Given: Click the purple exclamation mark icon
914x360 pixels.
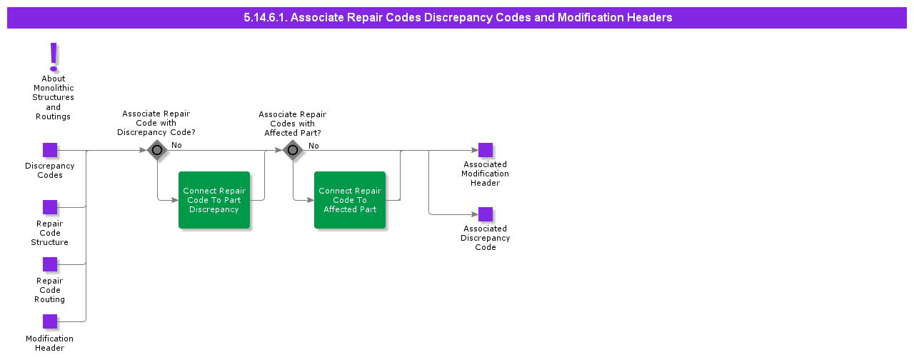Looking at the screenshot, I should click(53, 56).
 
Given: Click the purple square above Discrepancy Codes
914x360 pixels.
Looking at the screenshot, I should click(50, 150).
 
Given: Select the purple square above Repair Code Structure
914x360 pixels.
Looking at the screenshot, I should click(50, 207).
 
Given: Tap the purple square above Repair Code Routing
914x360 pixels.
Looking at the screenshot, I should click(50, 264).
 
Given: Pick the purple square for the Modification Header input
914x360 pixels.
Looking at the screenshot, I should click(50, 321).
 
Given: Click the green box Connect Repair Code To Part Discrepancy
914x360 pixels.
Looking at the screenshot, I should click(214, 200).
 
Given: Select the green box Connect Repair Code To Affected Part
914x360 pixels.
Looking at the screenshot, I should click(350, 200).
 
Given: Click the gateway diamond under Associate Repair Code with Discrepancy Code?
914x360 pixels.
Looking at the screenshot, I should click(157, 150).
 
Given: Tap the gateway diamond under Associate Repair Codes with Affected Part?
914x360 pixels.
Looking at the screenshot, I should click(293, 150).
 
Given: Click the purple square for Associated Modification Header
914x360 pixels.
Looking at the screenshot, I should click(486, 150).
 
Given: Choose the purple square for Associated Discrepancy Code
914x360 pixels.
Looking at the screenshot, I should click(486, 214).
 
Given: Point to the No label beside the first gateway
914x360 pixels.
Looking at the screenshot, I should click(176, 145).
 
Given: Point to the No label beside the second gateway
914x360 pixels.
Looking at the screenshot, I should click(313, 146).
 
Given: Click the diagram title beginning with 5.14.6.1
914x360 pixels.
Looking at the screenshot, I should click(457, 17).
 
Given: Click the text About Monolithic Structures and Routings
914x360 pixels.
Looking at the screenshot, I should click(53, 98).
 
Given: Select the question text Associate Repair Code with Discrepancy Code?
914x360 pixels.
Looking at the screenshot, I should click(156, 123).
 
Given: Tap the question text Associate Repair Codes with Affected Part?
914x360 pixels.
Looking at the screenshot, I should click(292, 124).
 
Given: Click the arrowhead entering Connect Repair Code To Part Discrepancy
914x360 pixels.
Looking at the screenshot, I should click(175, 200).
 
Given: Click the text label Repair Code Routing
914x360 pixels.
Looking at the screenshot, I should click(50, 290).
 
